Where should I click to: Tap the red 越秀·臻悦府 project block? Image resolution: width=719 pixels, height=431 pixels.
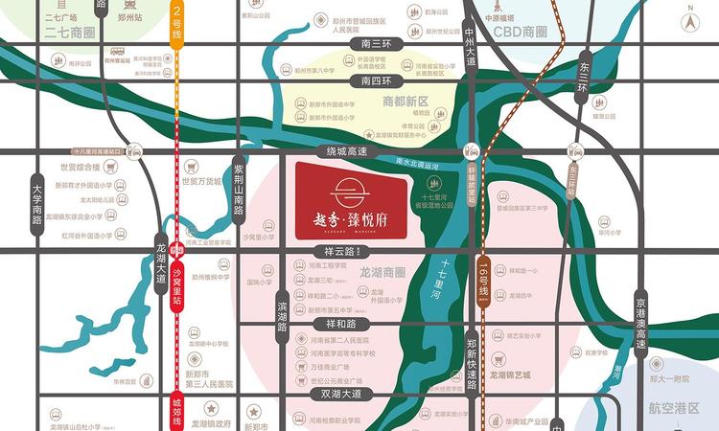[352, 200]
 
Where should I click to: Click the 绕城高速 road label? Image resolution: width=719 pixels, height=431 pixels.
[342, 151]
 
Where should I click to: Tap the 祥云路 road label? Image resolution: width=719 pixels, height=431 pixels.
[342, 251]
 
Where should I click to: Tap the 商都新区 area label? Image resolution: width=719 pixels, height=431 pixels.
[406, 101]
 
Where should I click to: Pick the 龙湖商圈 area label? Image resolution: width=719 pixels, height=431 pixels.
[383, 272]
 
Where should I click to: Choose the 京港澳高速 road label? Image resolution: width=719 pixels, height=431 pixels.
[640, 326]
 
